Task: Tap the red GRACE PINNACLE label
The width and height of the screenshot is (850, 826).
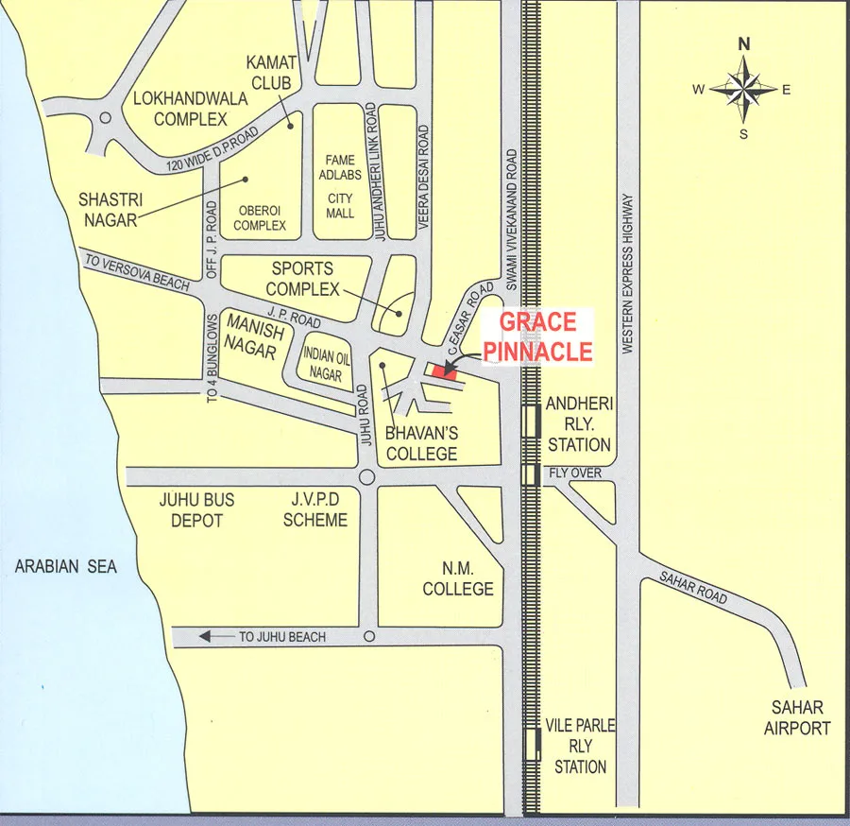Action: click(x=537, y=336)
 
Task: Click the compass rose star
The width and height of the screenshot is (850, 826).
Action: click(x=743, y=90)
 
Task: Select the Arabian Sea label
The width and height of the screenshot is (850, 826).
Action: click(x=66, y=567)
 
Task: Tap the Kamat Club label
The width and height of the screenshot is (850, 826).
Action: click(x=272, y=72)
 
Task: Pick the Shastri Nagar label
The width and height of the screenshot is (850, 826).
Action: click(x=108, y=209)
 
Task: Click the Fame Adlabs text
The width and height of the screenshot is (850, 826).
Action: click(x=340, y=167)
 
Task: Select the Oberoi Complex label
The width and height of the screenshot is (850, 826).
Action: click(x=260, y=218)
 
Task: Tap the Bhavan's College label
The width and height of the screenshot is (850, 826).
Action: click(x=422, y=443)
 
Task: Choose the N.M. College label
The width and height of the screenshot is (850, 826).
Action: click(x=458, y=578)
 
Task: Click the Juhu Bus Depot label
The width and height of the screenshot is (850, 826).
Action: click(x=197, y=509)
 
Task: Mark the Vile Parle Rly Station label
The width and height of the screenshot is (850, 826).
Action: click(x=580, y=746)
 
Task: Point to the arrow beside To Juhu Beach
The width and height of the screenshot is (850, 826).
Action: click(x=214, y=638)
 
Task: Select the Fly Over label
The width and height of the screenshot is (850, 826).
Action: click(x=574, y=473)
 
